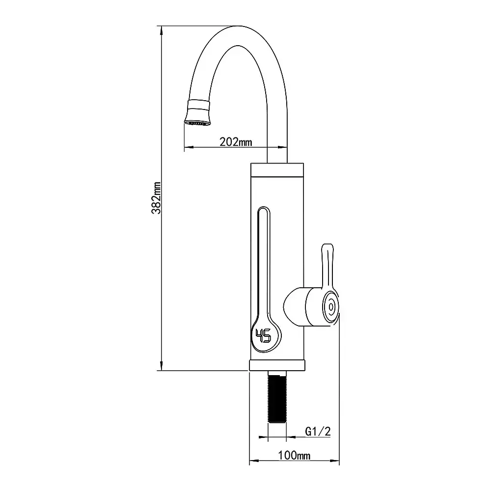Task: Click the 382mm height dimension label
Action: (x=156, y=198)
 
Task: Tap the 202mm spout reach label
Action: (x=236, y=142)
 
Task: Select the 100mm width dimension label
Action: (x=294, y=455)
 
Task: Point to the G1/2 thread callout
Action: (x=318, y=432)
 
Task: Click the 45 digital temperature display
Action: (x=263, y=336)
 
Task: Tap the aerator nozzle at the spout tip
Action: (x=198, y=113)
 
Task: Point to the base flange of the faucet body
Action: (x=277, y=365)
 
